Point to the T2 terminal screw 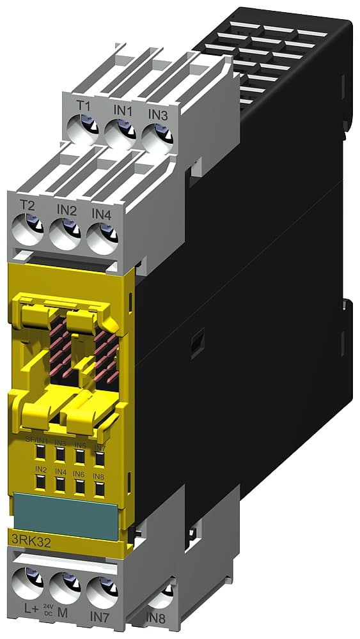tap(29, 229)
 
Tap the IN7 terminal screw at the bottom tap(102, 589)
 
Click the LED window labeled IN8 tap(99, 489)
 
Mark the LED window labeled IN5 tap(80, 456)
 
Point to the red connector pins tap(102, 358)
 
